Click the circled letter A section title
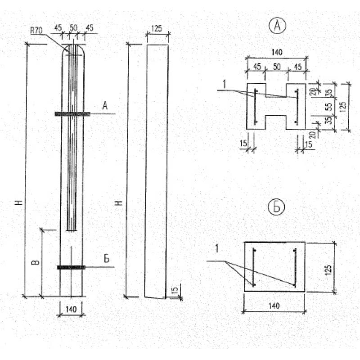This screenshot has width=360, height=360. click(x=277, y=26)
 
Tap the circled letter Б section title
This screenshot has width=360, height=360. click(x=276, y=207)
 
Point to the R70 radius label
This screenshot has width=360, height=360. click(x=36, y=31)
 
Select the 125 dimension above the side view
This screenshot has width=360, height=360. click(x=157, y=29)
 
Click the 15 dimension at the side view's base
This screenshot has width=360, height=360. click(x=175, y=289)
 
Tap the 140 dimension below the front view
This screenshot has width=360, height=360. click(x=71, y=309)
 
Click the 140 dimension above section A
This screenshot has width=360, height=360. click(x=277, y=52)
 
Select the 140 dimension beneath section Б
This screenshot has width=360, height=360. click(x=274, y=306)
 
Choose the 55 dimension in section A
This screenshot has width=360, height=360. click(x=329, y=107)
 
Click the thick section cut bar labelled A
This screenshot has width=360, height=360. click(x=72, y=114)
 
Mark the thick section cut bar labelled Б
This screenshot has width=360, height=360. click(x=71, y=267)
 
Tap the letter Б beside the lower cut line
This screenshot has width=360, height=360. click(x=106, y=259)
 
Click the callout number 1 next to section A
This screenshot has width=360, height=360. click(x=224, y=85)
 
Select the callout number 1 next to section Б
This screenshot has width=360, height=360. click(x=217, y=249)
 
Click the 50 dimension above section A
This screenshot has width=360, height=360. click(x=277, y=67)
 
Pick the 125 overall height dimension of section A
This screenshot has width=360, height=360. click(x=342, y=107)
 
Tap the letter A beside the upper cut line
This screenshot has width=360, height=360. click(x=105, y=106)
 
